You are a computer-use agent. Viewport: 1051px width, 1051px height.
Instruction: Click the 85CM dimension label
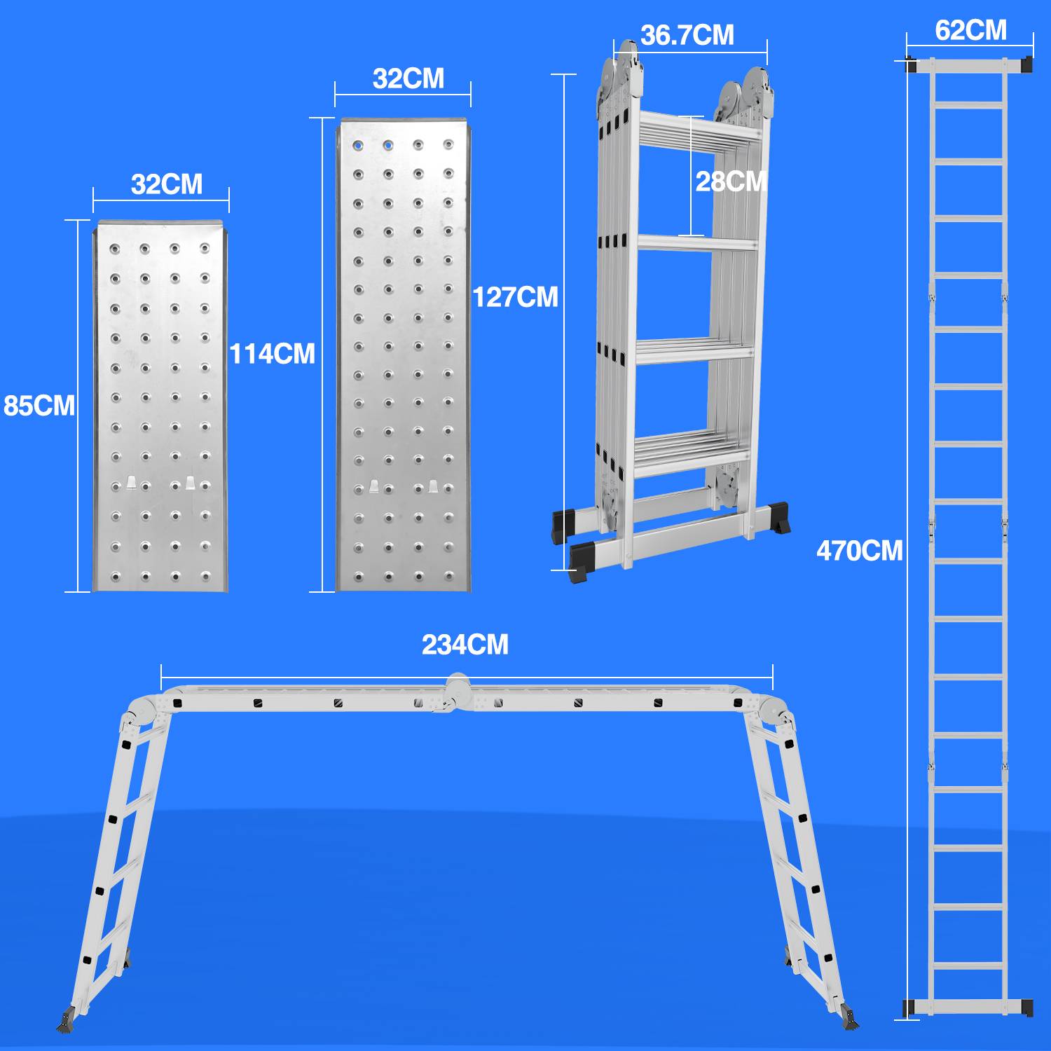39,406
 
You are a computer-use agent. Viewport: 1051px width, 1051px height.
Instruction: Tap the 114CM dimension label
273,354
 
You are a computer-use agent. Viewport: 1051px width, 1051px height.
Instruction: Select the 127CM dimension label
516,297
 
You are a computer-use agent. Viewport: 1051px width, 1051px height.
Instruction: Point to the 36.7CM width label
687,35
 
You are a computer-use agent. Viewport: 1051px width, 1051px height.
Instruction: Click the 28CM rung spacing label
731,181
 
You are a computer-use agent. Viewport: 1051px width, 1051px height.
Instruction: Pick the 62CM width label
970,30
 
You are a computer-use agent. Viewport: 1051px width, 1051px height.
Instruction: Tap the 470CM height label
860,551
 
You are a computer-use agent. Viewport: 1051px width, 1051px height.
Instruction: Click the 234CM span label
465,645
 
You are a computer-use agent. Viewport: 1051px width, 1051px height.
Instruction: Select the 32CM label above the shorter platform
167,184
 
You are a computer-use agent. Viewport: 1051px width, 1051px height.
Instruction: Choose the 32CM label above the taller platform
408,78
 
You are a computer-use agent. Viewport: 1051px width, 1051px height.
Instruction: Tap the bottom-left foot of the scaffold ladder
67,1019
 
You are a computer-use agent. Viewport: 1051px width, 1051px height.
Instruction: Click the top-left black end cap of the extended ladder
911,64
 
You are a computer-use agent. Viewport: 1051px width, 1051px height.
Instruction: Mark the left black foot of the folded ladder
563,526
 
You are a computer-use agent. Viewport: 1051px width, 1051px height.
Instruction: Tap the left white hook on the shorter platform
131,483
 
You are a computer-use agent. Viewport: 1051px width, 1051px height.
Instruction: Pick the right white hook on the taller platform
434,486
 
